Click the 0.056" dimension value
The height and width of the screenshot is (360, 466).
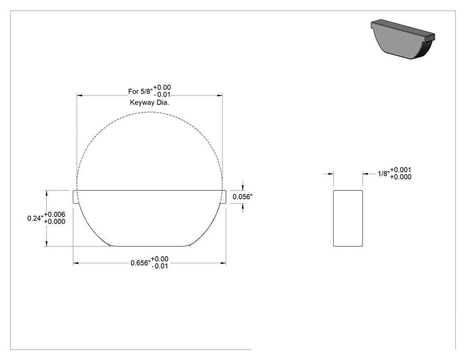[x=242, y=197]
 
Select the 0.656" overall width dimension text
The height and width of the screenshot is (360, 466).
[x=141, y=263]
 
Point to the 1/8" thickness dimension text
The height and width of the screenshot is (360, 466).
[x=384, y=174]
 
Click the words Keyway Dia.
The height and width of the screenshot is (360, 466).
[x=150, y=103]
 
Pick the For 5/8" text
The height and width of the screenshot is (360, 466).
[x=141, y=91]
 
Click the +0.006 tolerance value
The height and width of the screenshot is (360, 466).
[x=55, y=214]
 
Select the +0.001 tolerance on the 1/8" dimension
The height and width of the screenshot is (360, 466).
[x=401, y=170]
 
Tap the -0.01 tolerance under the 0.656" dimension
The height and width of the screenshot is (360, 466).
[x=160, y=266]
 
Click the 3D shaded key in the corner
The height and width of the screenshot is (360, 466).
[x=403, y=39]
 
